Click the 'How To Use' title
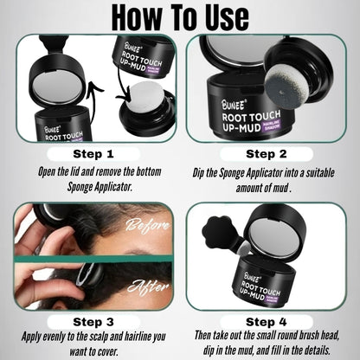coord(179,17)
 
